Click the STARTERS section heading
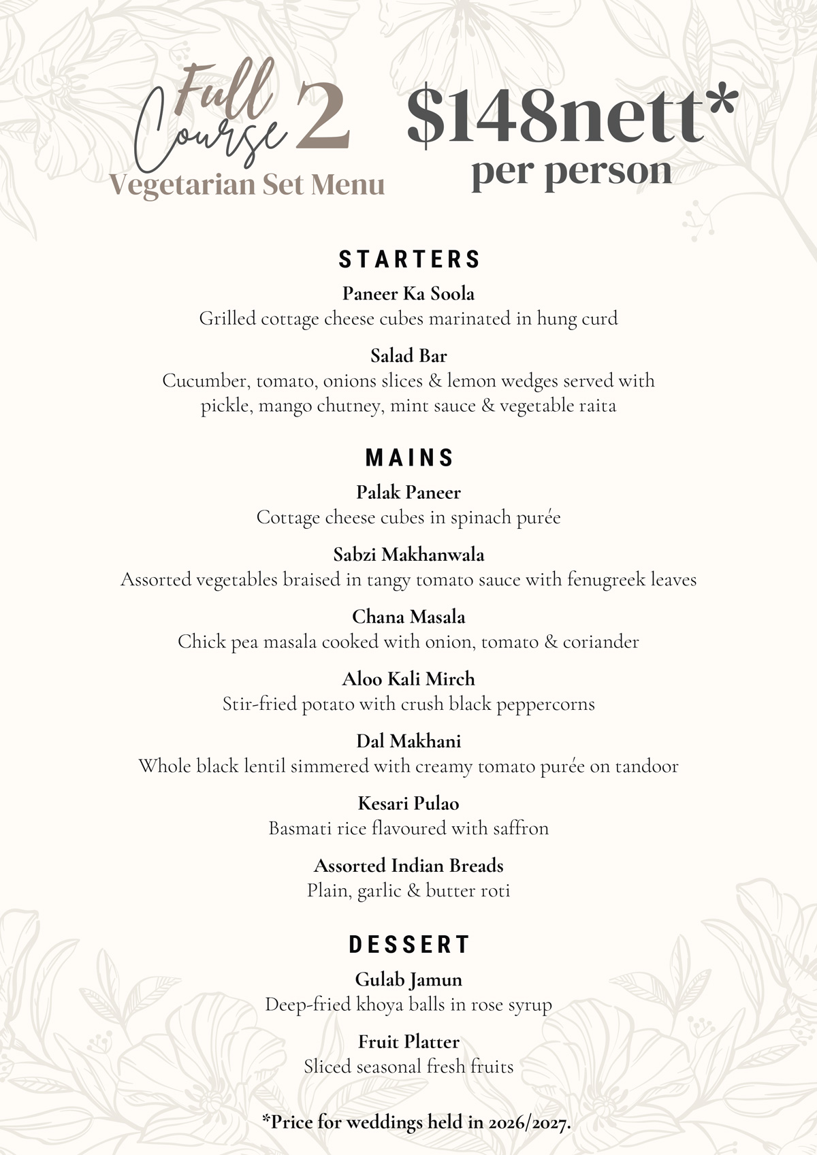pos(409,259)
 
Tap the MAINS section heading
pos(409,458)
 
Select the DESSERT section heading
pos(409,945)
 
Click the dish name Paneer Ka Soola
pos(408,294)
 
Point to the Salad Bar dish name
pos(408,356)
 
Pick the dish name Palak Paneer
pos(408,493)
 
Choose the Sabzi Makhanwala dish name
pos(408,555)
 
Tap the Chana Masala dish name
pos(408,617)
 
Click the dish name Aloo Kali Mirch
pos(408,679)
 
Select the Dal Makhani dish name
pos(408,741)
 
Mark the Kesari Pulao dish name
pos(408,804)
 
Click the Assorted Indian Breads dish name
pos(408,866)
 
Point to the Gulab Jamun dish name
pos(408,980)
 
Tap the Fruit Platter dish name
pos(408,1042)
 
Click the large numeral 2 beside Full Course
pos(323,116)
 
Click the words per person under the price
pos(571,172)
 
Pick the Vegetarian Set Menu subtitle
pos(246,184)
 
